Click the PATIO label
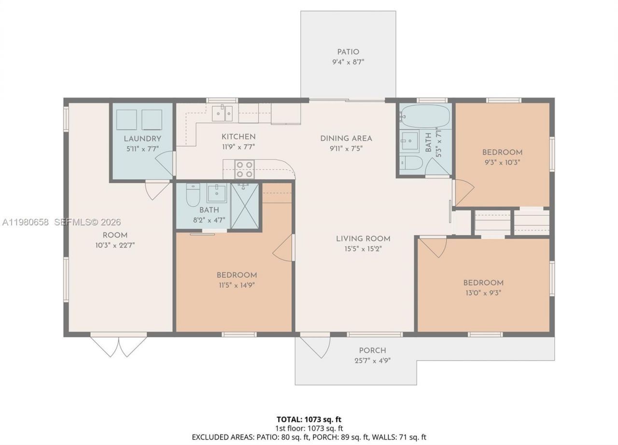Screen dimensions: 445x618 (x=348, y=52)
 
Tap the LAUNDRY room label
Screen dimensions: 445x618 (x=142, y=139)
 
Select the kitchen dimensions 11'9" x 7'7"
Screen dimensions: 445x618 (x=238, y=147)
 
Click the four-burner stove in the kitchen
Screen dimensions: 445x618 (x=244, y=169)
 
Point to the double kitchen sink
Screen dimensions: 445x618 (x=223, y=114)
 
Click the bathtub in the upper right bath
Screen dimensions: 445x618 (x=425, y=116)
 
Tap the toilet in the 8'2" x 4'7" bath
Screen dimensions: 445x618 (x=193, y=195)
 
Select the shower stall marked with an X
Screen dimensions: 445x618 (x=245, y=206)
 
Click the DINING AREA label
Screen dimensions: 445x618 (x=346, y=139)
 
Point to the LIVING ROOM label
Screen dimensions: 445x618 (x=363, y=238)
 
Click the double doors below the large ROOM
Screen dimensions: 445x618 (x=119, y=346)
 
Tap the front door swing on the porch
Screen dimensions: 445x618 (x=315, y=346)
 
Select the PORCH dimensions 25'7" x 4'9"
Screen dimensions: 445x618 (x=372, y=360)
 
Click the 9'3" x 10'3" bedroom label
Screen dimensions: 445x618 (x=502, y=153)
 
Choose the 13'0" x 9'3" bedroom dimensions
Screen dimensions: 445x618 (x=483, y=293)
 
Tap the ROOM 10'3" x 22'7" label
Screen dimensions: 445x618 (x=115, y=236)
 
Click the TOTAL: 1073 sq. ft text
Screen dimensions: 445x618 (x=309, y=419)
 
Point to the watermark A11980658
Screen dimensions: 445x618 (x=26, y=222)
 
